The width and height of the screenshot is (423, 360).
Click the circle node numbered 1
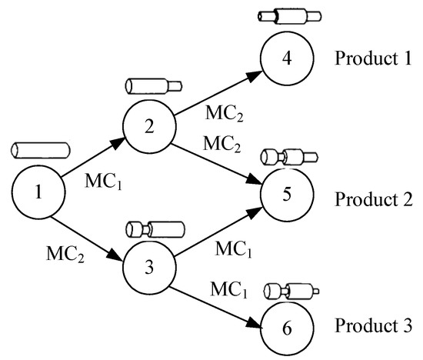click(38, 189)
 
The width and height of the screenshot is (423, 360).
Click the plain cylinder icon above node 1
click(37, 149)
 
